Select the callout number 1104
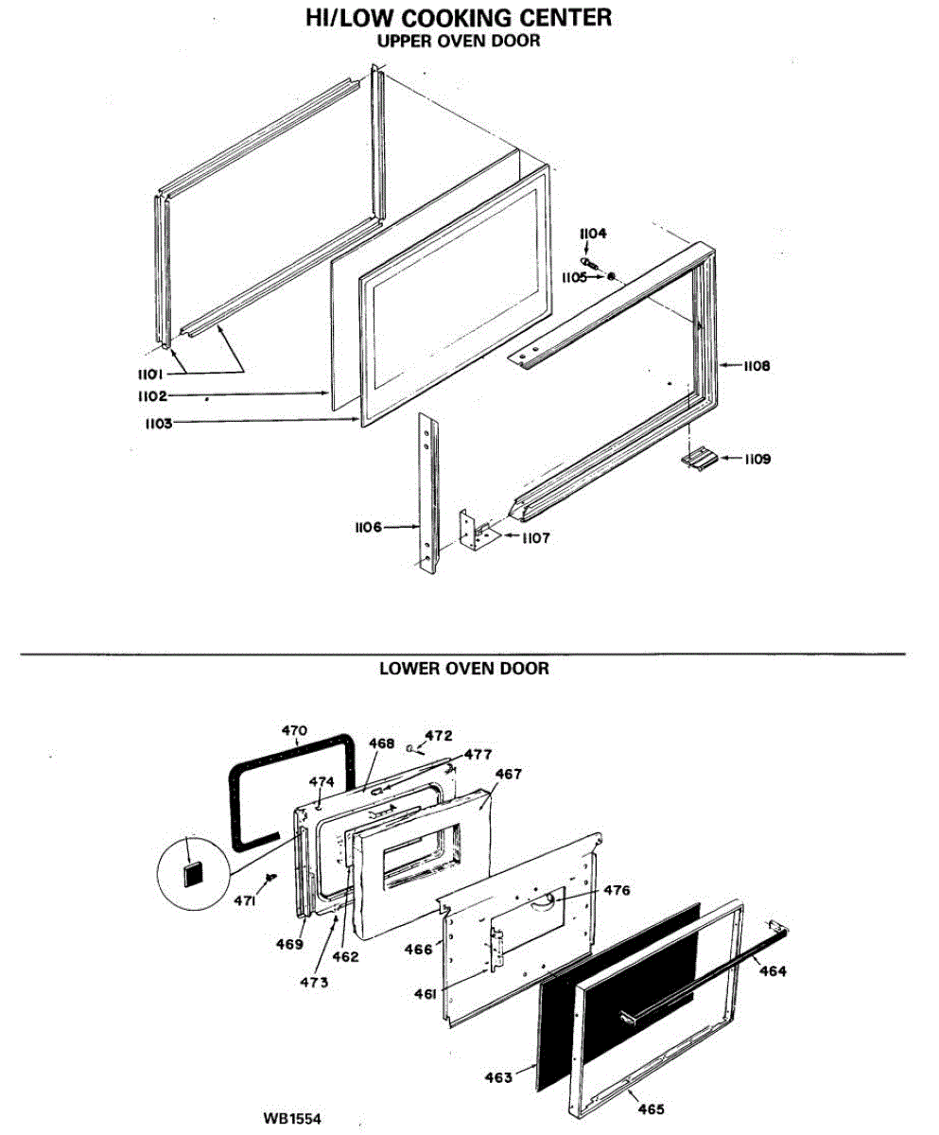[x=594, y=234]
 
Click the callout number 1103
[x=158, y=424]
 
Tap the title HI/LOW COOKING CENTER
[x=458, y=18]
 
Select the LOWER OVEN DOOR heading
[x=463, y=669]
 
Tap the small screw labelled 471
[x=271, y=879]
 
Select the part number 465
[x=651, y=1109]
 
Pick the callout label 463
[x=498, y=1077]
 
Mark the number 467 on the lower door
[x=509, y=774]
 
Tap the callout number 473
[x=314, y=982]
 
